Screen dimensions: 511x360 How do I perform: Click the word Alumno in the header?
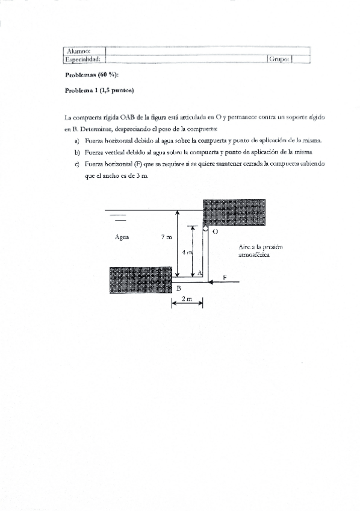[x=79, y=51]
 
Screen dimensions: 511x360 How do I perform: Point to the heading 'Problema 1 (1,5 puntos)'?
[x=99, y=90]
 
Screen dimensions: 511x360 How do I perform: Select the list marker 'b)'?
[x=78, y=151]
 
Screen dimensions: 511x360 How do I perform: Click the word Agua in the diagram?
[x=123, y=237]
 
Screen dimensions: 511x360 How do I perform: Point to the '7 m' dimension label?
[x=166, y=237]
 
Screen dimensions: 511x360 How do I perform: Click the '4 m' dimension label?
[x=187, y=252]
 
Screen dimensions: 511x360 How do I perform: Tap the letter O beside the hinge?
[x=215, y=231]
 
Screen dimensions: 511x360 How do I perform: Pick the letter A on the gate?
[x=199, y=273]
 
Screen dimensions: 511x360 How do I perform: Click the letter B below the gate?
[x=178, y=288]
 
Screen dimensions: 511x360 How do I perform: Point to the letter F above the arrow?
[x=224, y=277]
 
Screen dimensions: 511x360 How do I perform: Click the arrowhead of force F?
[x=210, y=281]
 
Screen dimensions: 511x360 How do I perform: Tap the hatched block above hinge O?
[x=234, y=211]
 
